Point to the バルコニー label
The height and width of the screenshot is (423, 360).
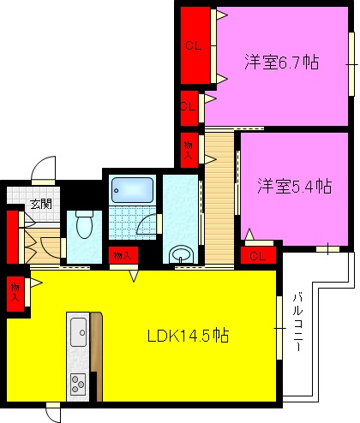point(297,326)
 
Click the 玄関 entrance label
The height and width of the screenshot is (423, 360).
point(40,204)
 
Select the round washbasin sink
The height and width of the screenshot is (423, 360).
point(181,255)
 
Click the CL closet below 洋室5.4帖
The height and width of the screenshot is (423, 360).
point(256,255)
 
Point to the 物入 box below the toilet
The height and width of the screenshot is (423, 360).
point(122,255)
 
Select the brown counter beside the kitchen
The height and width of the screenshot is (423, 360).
point(96,355)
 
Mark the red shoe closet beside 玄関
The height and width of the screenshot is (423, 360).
point(13,235)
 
